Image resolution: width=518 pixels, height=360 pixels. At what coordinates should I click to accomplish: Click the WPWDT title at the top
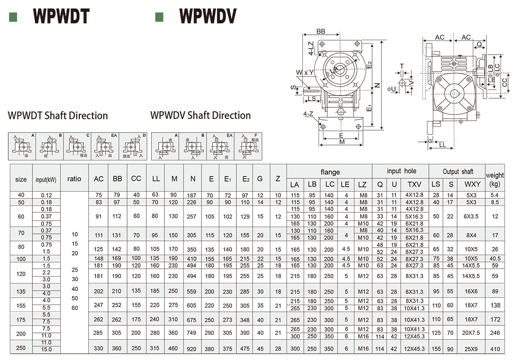pyautogui.click(x=61, y=17)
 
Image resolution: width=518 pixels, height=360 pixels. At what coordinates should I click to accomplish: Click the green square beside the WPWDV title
pyautogui.click(x=159, y=17)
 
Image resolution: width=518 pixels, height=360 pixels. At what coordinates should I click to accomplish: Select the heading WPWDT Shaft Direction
pyautogui.click(x=58, y=116)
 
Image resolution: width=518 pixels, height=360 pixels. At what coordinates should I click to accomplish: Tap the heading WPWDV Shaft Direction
pyautogui.click(x=200, y=115)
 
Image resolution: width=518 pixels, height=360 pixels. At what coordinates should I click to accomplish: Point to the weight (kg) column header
pyautogui.click(x=495, y=179)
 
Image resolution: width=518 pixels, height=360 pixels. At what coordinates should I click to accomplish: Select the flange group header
pyautogui.click(x=330, y=172)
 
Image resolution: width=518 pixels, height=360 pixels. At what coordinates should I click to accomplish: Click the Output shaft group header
pyautogui.click(x=457, y=172)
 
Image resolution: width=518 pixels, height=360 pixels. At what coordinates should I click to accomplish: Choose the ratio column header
pyautogui.click(x=74, y=179)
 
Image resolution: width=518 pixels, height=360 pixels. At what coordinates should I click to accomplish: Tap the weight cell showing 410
pyautogui.click(x=495, y=348)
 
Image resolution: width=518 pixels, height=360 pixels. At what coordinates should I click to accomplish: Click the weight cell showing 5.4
pyautogui.click(x=495, y=195)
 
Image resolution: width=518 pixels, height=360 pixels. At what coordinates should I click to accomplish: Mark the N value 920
pyautogui.click(x=193, y=348)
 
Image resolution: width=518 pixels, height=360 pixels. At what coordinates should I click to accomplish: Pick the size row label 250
pyautogui.click(x=21, y=348)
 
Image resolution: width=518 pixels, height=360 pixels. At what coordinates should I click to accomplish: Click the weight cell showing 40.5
pyautogui.click(x=495, y=259)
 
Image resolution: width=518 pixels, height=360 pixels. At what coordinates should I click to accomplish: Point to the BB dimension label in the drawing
pyautogui.click(x=321, y=32)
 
